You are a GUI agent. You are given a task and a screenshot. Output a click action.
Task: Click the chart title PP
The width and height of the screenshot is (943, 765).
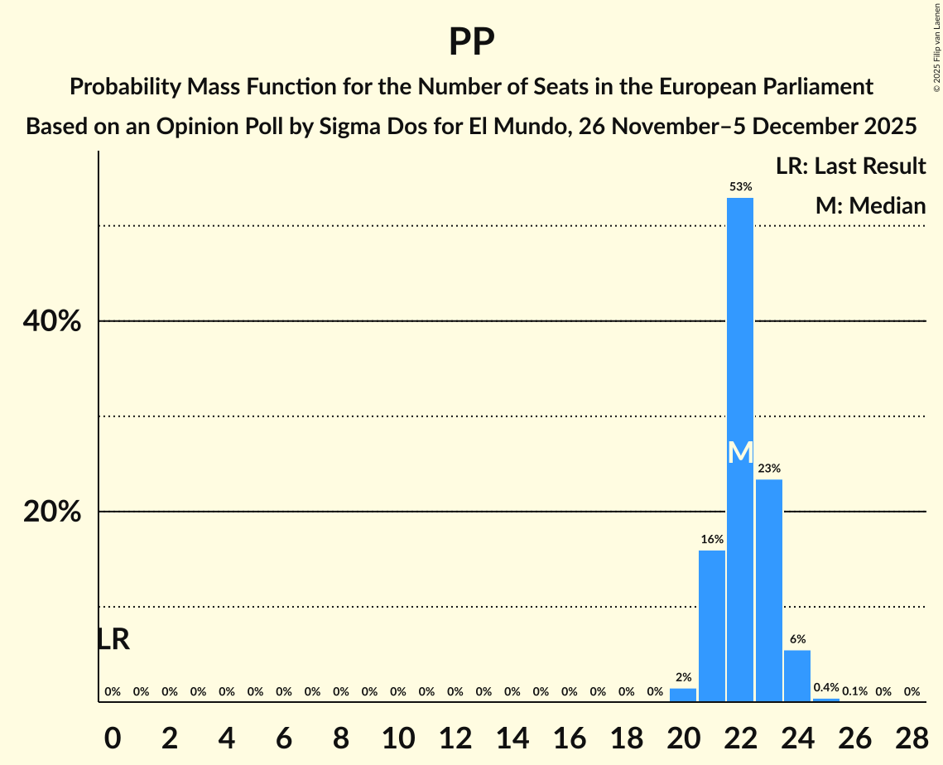(x=471, y=41)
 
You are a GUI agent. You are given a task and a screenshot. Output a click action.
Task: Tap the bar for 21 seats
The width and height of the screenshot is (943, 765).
(x=712, y=626)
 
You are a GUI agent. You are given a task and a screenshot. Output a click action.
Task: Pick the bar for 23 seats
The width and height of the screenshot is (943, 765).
(x=769, y=590)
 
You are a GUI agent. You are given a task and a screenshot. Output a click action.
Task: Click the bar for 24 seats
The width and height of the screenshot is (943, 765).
(x=797, y=676)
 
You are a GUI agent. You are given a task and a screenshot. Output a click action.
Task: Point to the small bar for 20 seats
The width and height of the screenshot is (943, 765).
(x=683, y=695)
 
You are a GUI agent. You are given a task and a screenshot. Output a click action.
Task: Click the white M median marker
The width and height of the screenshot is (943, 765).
(x=740, y=453)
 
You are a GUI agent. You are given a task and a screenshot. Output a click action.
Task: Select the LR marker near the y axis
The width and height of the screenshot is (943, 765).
(x=113, y=639)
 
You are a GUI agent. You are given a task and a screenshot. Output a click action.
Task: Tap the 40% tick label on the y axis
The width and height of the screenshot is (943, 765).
(x=52, y=321)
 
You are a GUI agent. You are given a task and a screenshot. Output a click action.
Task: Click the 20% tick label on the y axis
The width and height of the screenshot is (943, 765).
(x=52, y=512)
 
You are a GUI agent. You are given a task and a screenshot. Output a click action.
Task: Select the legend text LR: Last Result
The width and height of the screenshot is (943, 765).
(x=850, y=166)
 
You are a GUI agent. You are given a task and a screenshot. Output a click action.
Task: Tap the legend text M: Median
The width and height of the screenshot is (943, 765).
(x=870, y=205)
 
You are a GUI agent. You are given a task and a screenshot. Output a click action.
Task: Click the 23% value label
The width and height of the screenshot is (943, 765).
(x=769, y=469)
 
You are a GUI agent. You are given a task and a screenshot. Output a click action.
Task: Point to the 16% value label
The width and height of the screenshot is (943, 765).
(x=712, y=540)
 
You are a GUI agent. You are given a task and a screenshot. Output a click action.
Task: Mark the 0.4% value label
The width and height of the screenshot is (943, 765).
(x=826, y=688)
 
